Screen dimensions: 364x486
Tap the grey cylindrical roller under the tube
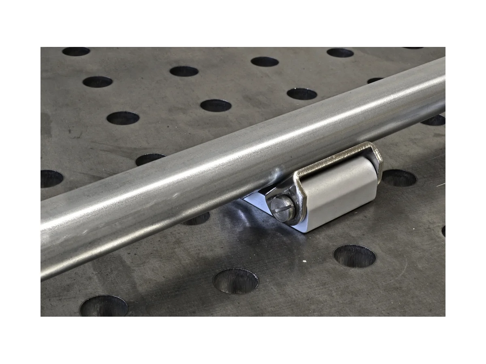[x=340, y=194]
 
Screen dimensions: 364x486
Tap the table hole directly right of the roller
[x=399, y=178]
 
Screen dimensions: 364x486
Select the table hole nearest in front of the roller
[x=354, y=256]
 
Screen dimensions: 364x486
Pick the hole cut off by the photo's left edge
[x=51, y=178]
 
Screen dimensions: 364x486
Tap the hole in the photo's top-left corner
[x=76, y=51]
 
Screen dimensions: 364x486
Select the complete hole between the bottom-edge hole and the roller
[x=236, y=281]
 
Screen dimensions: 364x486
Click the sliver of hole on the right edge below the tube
[x=443, y=231]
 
